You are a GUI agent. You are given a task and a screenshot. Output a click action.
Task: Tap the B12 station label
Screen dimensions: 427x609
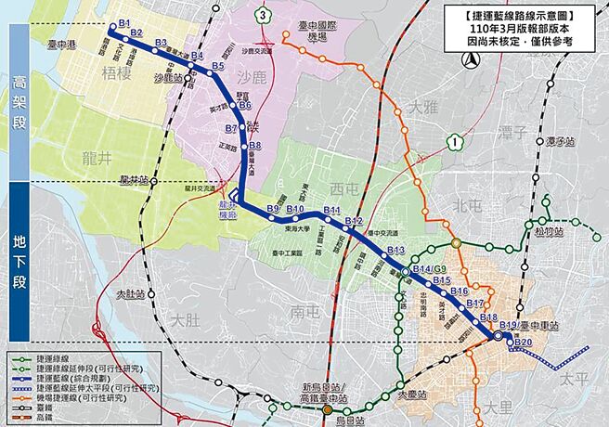point(354,221)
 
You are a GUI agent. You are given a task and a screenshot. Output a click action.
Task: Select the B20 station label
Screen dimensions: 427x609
point(524,344)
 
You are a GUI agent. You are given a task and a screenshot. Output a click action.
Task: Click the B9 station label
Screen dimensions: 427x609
point(273,208)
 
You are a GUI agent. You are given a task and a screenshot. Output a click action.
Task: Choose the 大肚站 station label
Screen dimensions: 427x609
point(131,294)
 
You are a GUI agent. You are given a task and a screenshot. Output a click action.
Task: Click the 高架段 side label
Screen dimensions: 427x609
point(19,102)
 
